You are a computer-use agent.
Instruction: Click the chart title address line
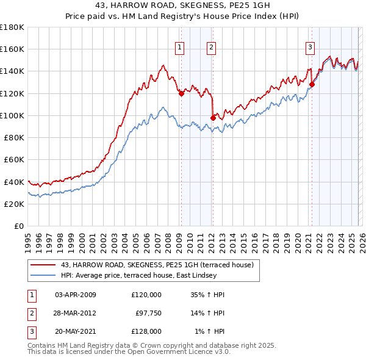click(x=182, y=5)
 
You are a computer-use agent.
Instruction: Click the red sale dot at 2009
click(x=181, y=93)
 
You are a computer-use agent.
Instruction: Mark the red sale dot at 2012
click(x=213, y=118)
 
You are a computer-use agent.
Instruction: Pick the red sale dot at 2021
click(x=312, y=84)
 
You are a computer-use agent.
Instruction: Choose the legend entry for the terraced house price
click(x=152, y=264)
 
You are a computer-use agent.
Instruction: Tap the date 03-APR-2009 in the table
click(x=76, y=295)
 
